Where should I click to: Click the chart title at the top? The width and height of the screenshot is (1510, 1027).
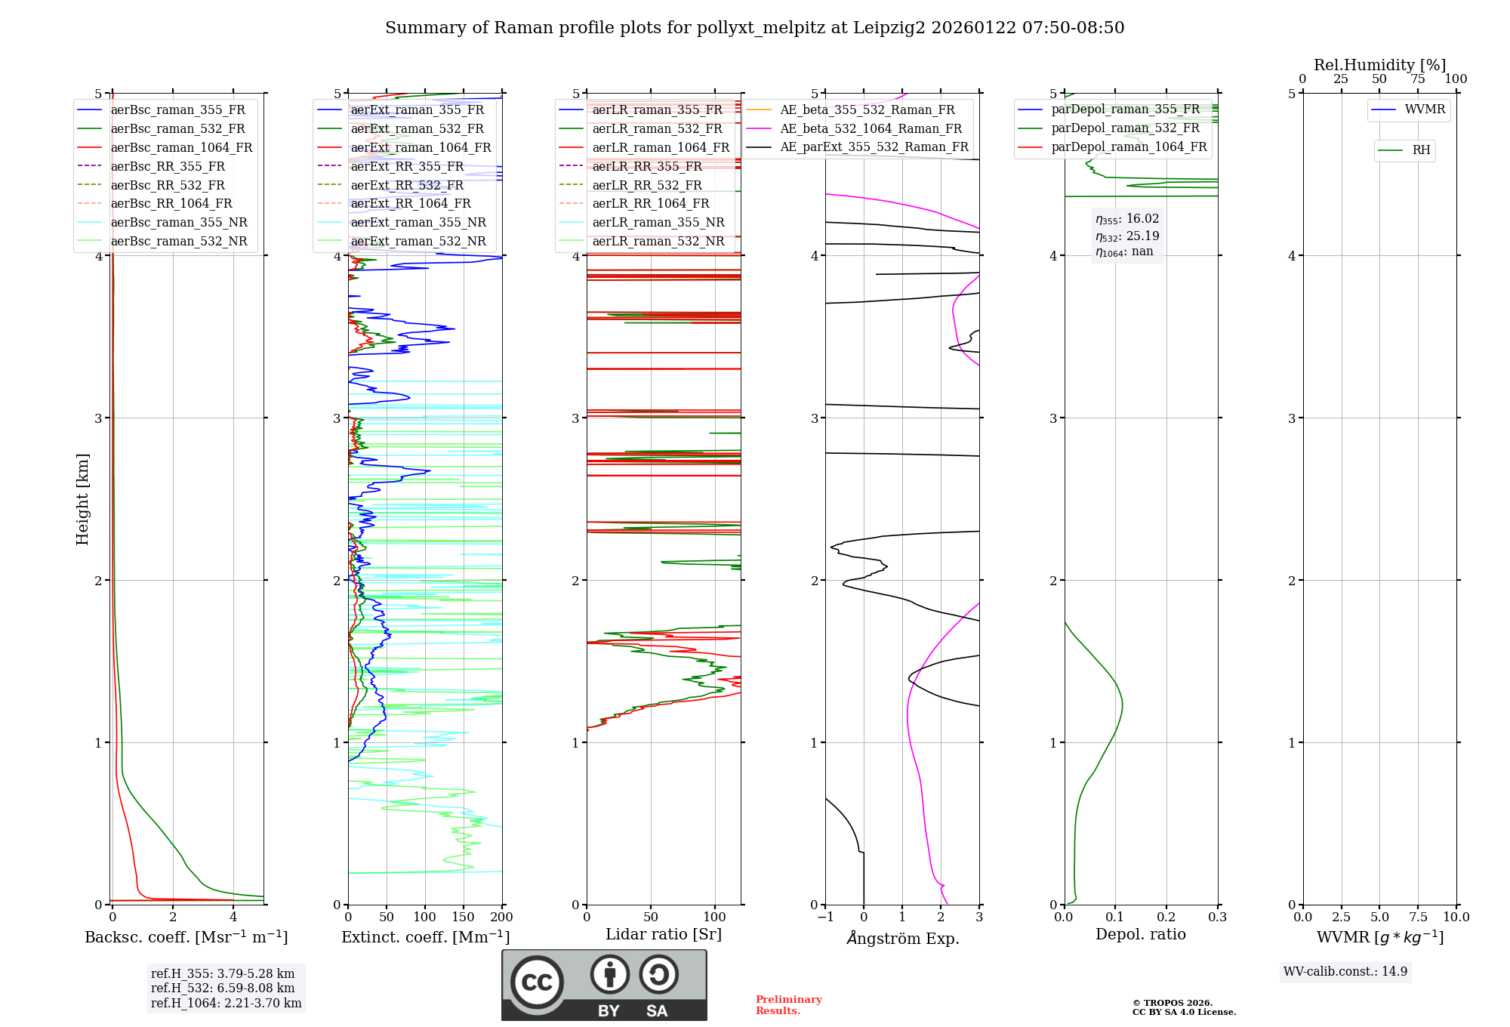(x=754, y=28)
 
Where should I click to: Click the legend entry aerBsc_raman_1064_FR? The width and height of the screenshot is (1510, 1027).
(x=181, y=147)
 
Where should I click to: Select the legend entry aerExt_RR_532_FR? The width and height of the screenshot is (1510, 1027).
(x=407, y=185)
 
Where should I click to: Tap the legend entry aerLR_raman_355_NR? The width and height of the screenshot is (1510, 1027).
(x=658, y=222)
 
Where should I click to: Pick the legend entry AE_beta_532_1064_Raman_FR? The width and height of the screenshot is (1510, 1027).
(x=871, y=128)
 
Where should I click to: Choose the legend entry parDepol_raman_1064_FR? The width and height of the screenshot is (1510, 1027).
(x=1129, y=146)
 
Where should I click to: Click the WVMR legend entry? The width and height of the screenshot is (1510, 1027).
(x=1425, y=109)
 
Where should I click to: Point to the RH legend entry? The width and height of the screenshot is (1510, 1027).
(x=1421, y=150)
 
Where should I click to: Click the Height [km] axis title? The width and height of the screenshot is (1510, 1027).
(x=83, y=499)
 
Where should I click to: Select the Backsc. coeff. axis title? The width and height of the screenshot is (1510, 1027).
(x=186, y=937)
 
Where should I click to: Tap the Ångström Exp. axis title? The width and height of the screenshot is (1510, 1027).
(x=903, y=938)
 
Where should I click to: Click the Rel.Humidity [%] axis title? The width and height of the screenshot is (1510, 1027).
(x=1379, y=65)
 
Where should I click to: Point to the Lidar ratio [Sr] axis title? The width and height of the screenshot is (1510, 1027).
(x=664, y=934)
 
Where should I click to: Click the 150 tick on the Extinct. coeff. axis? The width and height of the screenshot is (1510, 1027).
(x=464, y=918)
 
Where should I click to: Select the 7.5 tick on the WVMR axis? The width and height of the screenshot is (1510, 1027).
(x=1418, y=918)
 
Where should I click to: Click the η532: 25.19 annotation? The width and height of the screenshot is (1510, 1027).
(x=1127, y=236)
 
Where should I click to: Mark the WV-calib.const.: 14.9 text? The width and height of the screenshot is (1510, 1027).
(x=1345, y=971)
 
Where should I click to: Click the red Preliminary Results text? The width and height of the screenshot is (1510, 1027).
(x=788, y=1005)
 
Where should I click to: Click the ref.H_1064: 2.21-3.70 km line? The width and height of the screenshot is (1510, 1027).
(x=226, y=1003)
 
